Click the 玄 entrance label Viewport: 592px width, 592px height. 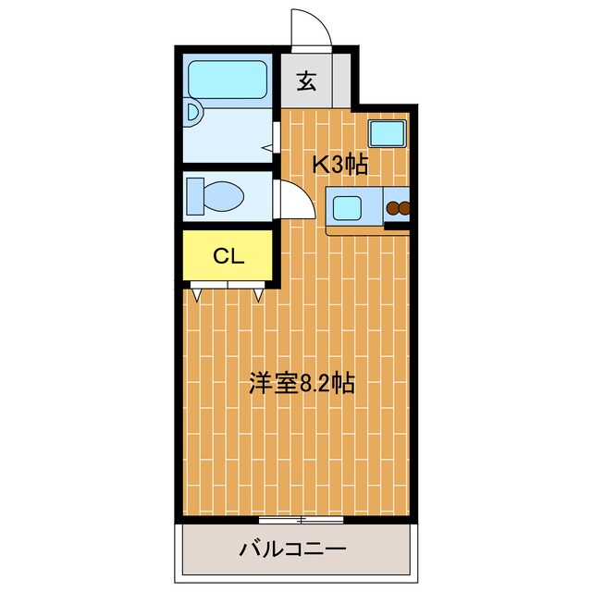click(x=307, y=80)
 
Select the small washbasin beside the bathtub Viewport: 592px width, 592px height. click(x=191, y=115)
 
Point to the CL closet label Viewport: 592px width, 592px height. click(x=228, y=256)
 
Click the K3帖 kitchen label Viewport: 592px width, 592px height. click(x=339, y=166)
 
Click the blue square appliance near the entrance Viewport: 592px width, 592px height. click(x=387, y=134)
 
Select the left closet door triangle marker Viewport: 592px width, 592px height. click(x=199, y=295)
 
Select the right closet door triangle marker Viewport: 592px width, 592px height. click(x=259, y=295)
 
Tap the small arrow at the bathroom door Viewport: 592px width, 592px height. click(x=267, y=147)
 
